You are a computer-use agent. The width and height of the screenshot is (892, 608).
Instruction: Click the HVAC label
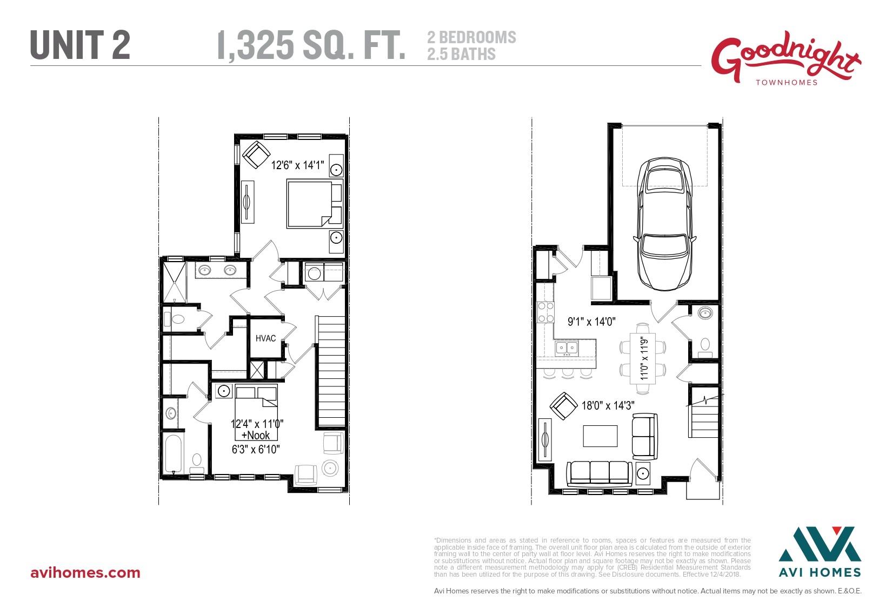pos(265,338)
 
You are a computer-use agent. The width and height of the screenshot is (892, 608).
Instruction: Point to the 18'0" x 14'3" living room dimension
pos(608,405)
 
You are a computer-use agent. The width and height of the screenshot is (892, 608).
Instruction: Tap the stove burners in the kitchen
pos(545,312)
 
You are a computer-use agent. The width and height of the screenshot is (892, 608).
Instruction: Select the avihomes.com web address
pos(85,573)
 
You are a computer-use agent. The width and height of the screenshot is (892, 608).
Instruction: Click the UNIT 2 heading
pos(80,44)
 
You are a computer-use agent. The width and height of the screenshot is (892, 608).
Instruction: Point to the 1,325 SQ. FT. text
pos(311,45)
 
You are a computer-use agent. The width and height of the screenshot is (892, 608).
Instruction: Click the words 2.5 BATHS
pos(461,54)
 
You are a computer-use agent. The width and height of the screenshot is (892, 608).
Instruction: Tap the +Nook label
pos(255,435)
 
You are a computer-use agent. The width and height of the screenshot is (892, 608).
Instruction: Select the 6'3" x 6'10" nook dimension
pos(255,449)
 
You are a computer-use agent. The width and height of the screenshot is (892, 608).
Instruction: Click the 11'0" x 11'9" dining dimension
pos(644,358)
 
